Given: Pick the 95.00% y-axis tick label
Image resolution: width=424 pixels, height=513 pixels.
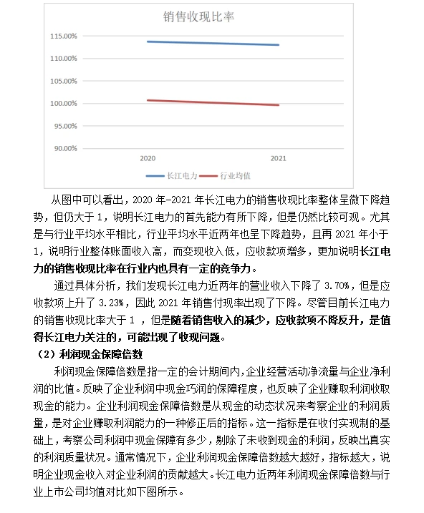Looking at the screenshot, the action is coord(65,126).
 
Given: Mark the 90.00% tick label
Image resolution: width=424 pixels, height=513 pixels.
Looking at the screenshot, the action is coord(65,149).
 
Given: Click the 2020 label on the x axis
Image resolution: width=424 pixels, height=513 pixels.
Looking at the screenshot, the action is coord(148,157).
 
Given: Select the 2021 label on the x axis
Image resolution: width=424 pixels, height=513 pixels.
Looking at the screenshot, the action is coord(279,157).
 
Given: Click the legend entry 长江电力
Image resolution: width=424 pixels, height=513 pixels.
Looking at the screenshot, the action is coord(178,175).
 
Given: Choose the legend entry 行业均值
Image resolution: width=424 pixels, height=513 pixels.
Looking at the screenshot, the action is coord(235,175).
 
